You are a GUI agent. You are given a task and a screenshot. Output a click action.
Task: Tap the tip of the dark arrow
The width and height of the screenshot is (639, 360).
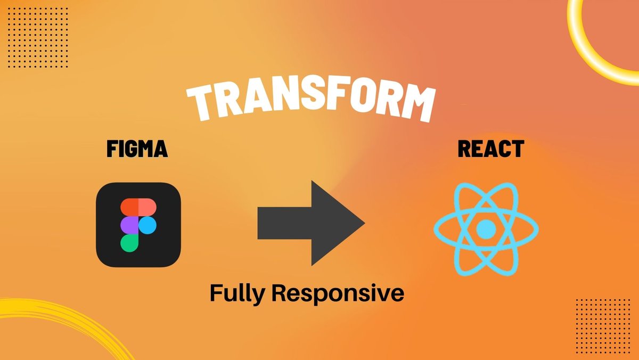pyautogui.click(x=363, y=223)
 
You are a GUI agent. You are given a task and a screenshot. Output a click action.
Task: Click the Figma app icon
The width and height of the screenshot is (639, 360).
pyautogui.click(x=138, y=224)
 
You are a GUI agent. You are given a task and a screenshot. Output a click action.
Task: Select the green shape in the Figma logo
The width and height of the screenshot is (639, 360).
pyautogui.click(x=129, y=242)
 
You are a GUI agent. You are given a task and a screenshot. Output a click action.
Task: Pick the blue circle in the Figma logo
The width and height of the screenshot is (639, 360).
pyautogui.click(x=148, y=225)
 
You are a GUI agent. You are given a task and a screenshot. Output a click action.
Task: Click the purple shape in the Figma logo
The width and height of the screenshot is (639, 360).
pyautogui.click(x=129, y=225)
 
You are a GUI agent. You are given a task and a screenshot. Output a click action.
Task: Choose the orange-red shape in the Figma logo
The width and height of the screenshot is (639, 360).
pyautogui.click(x=129, y=207)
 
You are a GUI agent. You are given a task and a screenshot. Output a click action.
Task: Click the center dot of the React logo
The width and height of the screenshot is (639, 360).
pyautogui.click(x=486, y=230)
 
